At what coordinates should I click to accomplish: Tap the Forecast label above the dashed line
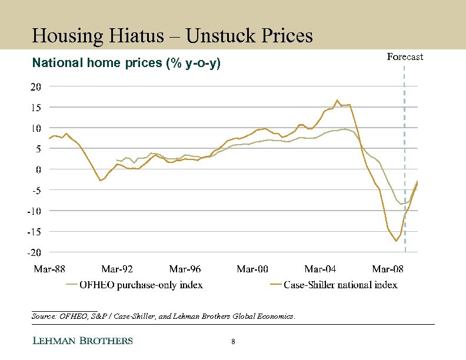tap(405, 57)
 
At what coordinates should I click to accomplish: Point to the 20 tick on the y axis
tap(36, 86)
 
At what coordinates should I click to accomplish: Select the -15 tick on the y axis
tap(34, 232)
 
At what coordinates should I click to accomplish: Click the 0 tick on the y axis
tap(38, 169)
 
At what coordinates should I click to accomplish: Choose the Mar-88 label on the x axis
tap(49, 269)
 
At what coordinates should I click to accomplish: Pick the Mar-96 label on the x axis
tap(185, 269)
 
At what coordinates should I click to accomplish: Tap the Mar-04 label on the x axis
tap(320, 269)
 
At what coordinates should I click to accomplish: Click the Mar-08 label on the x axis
tap(388, 269)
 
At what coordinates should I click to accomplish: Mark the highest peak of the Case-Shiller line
tap(337, 101)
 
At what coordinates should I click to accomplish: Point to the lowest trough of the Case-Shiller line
tap(396, 241)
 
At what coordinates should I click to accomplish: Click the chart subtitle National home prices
tap(127, 63)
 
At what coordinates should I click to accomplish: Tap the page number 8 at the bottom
tap(234, 342)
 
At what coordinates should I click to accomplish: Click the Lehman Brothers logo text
tap(82, 341)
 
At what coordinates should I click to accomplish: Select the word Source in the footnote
tap(43, 316)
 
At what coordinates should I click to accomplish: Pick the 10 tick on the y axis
tap(36, 128)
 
